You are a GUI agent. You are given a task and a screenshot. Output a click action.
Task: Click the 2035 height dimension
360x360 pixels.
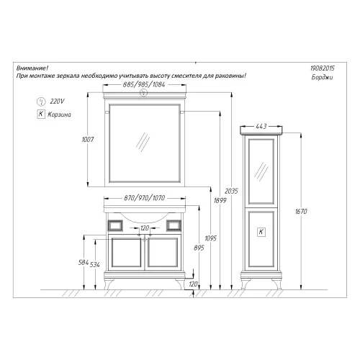231,192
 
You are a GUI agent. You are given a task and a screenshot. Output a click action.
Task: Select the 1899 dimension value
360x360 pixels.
220,200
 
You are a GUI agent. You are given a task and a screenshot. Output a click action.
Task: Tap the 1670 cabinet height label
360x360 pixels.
301,212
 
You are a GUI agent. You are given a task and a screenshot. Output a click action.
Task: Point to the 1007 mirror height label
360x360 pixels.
88,140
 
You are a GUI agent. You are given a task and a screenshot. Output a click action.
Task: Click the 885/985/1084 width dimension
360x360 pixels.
144,84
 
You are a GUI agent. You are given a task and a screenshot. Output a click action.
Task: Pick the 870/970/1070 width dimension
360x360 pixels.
144,198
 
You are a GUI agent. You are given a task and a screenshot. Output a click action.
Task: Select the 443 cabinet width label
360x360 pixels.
261,126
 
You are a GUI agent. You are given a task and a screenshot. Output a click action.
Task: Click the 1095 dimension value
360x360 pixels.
211,238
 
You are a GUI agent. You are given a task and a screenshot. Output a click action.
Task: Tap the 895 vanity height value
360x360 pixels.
199,248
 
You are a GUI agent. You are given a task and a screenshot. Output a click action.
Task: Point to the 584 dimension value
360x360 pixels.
84,263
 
